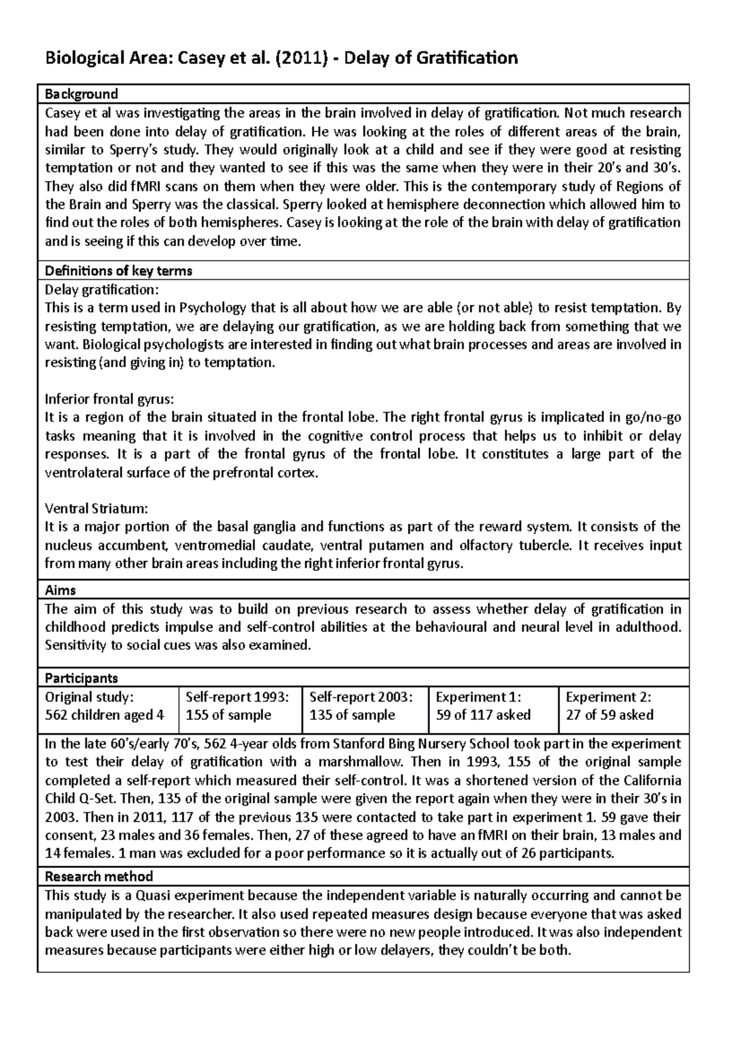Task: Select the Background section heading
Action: pos(82,94)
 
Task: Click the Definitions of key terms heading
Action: pos(119,271)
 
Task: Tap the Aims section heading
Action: pos(61,591)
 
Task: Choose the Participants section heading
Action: pos(82,678)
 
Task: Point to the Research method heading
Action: pos(99,876)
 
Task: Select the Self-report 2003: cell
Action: pos(364,706)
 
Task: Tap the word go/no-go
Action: pos(659,418)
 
